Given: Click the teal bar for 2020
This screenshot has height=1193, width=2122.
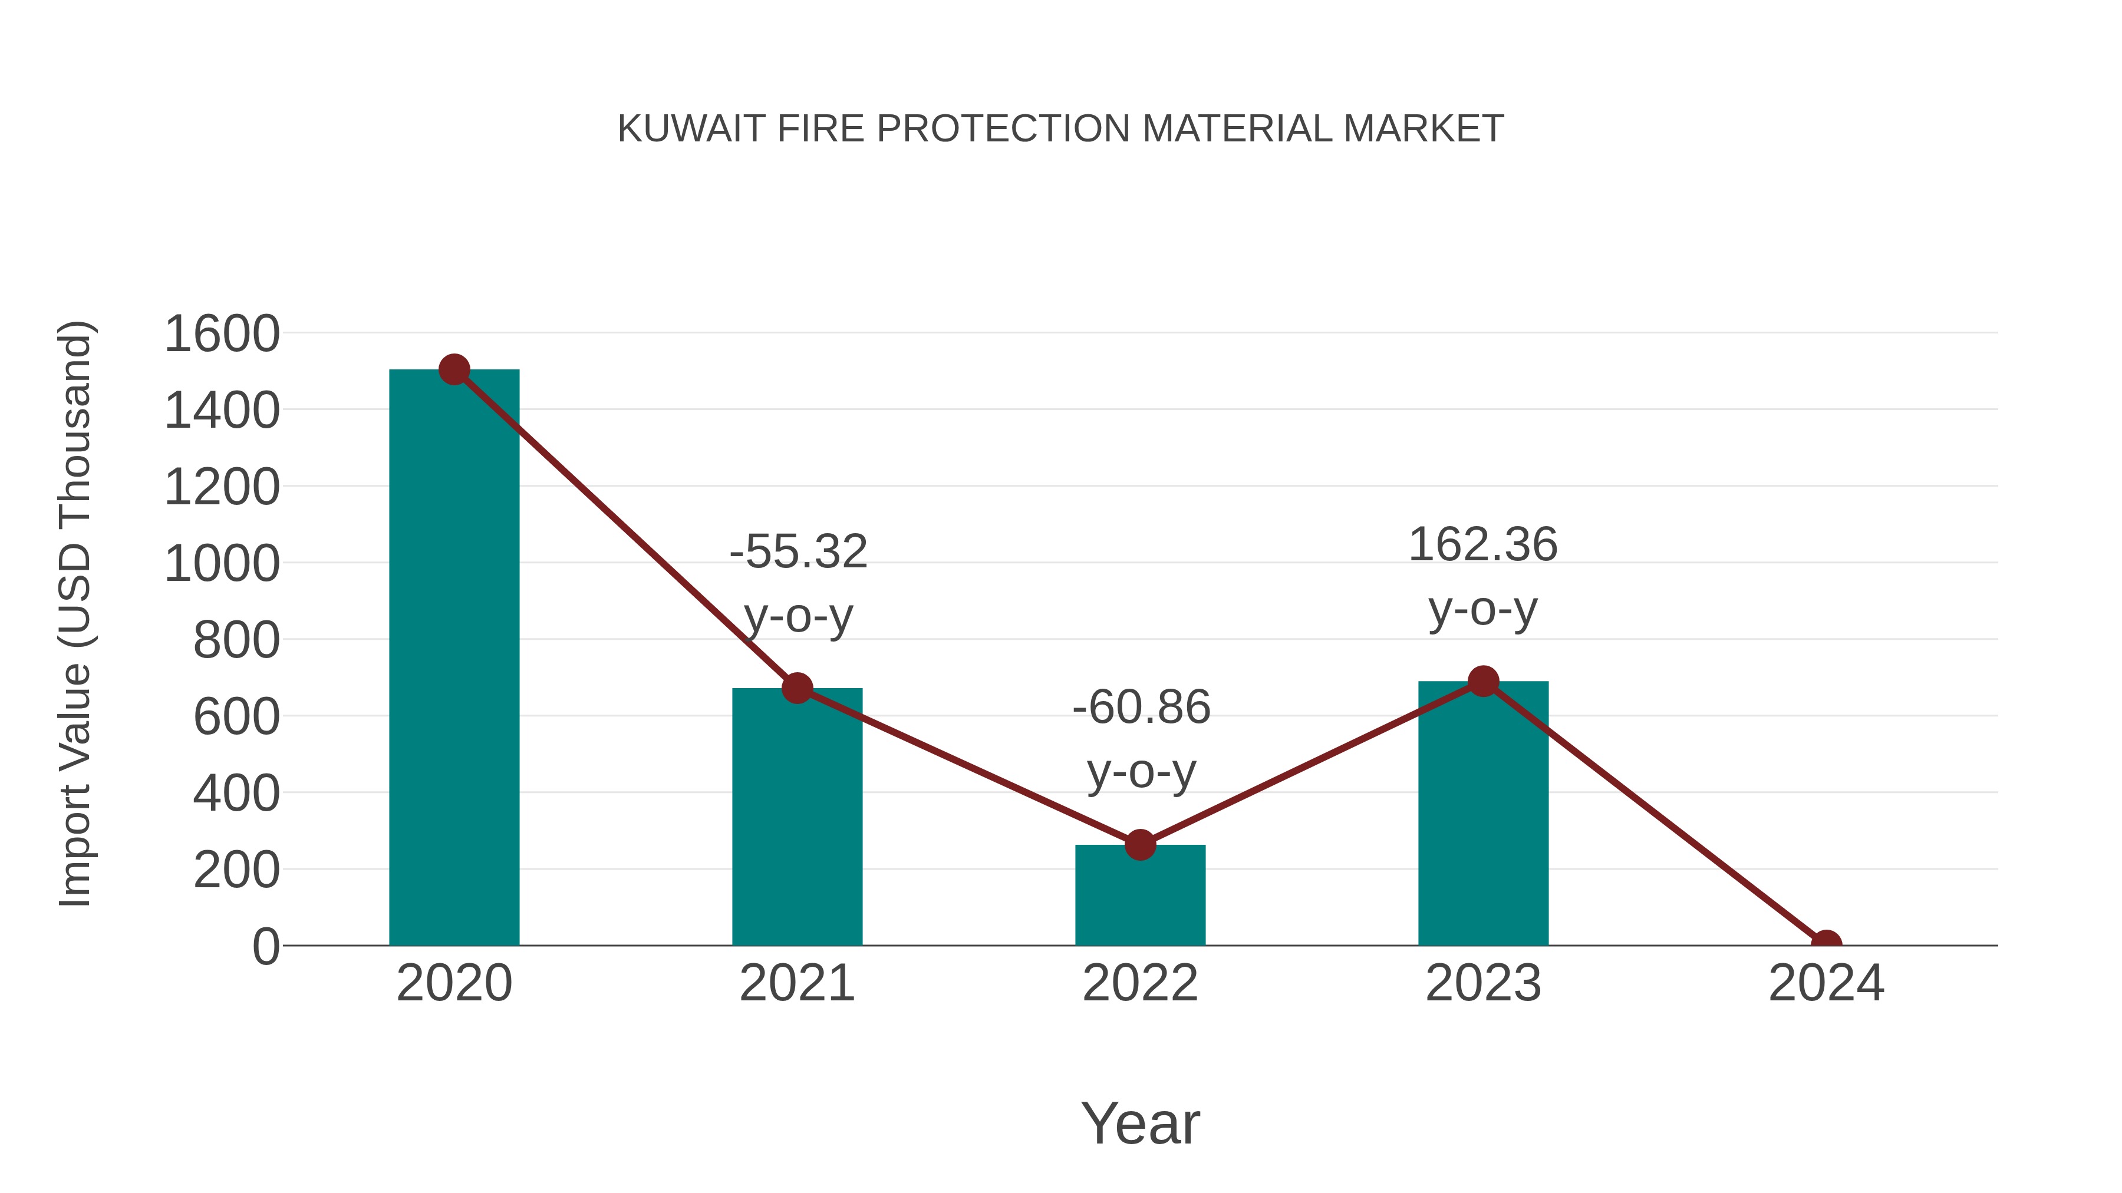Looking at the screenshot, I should (454, 659).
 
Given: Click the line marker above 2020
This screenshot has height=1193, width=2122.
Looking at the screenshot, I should (454, 369).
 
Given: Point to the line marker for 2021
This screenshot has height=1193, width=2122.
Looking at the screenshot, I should (796, 688).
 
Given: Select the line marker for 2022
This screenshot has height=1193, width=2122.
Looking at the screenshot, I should (1140, 845).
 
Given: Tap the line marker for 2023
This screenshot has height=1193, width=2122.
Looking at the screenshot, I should (1483, 682).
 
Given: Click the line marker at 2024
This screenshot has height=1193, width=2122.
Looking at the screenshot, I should (1826, 944).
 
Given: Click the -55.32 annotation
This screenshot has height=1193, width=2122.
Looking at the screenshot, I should (798, 551).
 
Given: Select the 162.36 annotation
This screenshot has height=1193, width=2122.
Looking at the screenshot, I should (1483, 545).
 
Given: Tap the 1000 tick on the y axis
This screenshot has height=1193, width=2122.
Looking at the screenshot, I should (222, 565).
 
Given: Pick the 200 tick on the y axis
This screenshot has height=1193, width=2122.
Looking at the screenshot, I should (236, 870).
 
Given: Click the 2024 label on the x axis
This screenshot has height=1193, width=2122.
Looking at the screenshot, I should (1826, 983).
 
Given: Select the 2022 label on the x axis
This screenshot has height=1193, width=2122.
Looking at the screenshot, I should (1140, 983).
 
